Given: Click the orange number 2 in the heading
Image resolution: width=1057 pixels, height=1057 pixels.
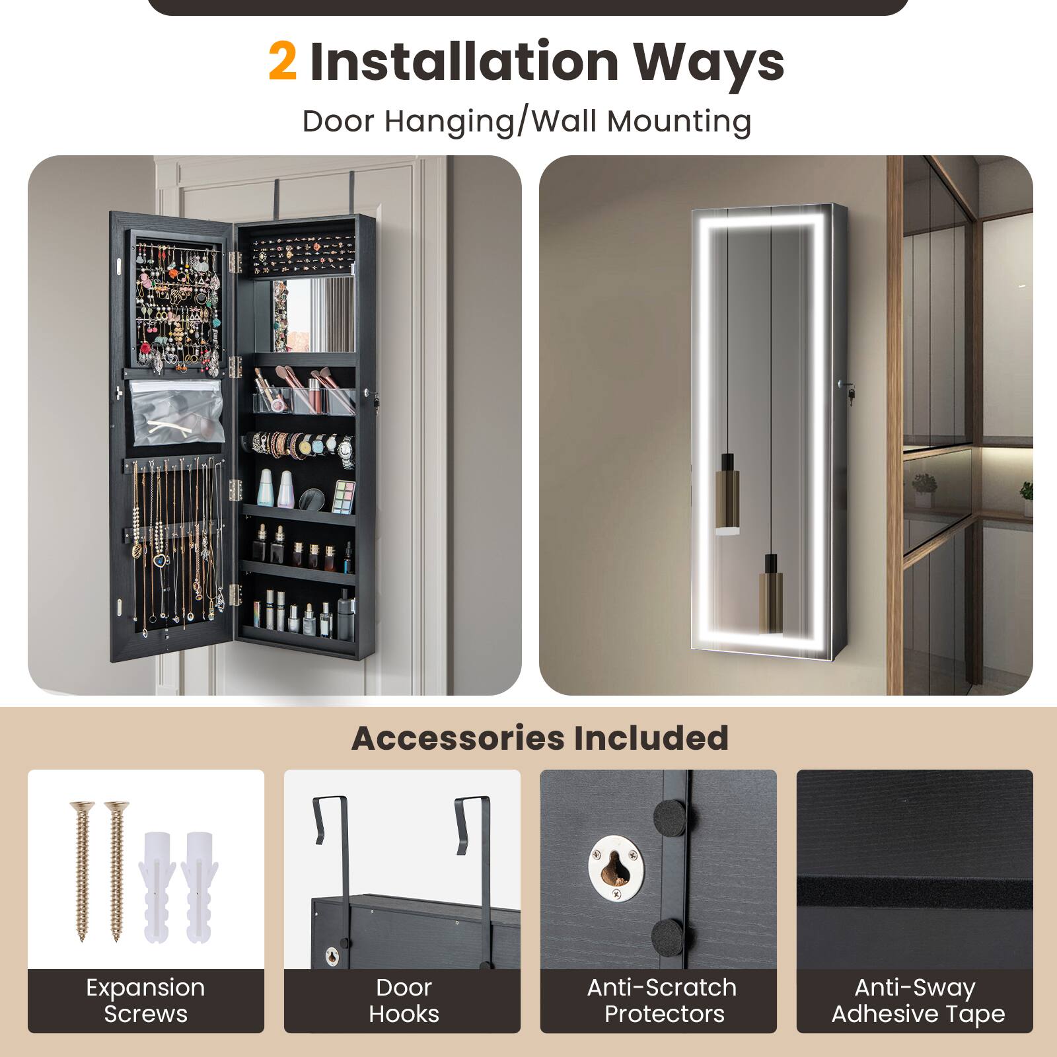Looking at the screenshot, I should click(283, 61).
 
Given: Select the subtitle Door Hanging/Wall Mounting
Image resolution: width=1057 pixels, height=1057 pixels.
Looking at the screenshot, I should click(527, 122).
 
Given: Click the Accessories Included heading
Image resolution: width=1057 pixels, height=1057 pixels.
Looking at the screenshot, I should click(540, 738).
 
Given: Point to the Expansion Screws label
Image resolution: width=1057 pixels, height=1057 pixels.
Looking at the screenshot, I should click(145, 1000).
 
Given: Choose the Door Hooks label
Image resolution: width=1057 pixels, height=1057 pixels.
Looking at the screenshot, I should click(403, 1000).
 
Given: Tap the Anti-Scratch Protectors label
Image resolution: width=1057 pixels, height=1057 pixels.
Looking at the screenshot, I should click(662, 1000).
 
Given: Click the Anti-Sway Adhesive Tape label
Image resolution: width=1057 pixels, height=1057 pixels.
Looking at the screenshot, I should click(917, 1000).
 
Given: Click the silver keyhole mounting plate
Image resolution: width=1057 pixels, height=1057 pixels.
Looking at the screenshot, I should click(615, 867).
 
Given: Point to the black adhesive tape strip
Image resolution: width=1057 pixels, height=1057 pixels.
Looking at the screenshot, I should click(914, 893).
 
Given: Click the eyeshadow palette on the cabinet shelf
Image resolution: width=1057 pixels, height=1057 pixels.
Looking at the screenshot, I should click(343, 497).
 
